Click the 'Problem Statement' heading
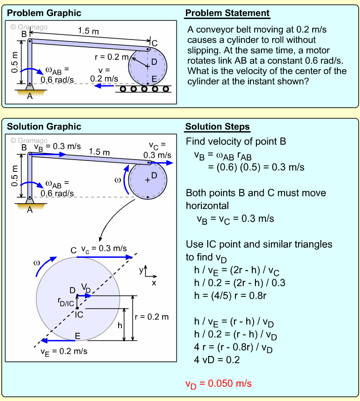click(227, 13)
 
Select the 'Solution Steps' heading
click(217, 127)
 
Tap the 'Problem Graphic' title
click(44, 13)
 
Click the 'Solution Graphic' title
click(44, 127)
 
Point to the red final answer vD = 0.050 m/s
click(218, 383)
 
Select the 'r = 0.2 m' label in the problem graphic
click(111, 57)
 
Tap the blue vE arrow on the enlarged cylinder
click(58, 340)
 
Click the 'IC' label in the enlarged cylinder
click(79, 314)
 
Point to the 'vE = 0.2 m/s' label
click(64, 351)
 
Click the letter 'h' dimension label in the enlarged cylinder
click(120, 326)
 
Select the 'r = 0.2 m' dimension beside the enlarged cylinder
click(152, 316)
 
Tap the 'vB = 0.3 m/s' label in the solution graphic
click(57, 146)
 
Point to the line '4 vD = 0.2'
click(217, 360)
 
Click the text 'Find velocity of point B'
click(235, 141)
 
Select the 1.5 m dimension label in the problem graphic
click(89, 31)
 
